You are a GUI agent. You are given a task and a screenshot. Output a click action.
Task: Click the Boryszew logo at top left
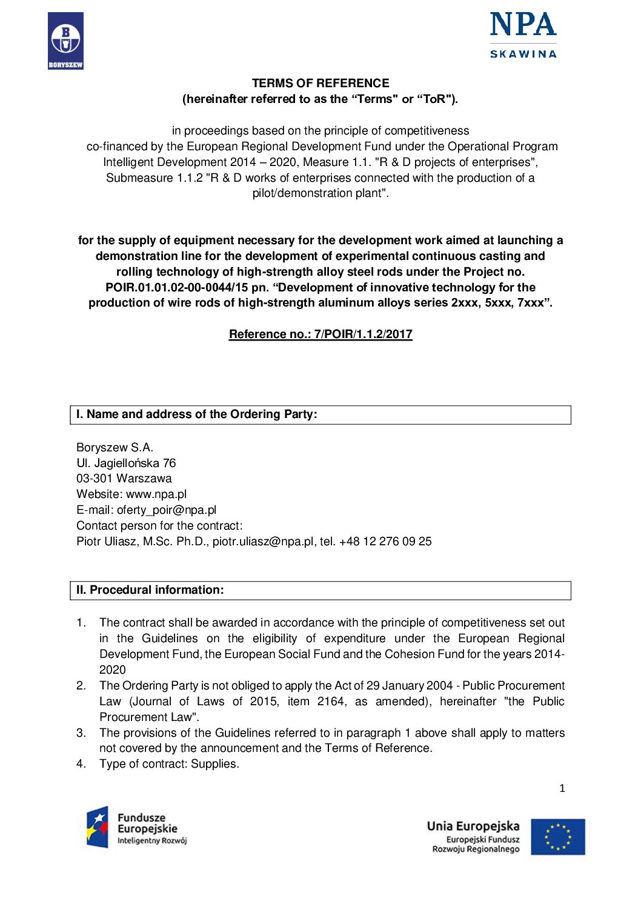tap(65, 41)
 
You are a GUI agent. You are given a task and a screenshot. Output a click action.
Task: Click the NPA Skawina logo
tap(523, 35)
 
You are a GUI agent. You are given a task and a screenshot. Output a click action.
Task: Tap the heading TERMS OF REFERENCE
tap(320, 84)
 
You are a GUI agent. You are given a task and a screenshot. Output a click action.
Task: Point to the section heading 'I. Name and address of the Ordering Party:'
tap(196, 414)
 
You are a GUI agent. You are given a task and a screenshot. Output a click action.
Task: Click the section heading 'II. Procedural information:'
tap(150, 590)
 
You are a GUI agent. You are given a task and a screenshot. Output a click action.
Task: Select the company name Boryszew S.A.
tap(115, 448)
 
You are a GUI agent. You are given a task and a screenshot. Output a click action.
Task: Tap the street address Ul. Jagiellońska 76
tap(126, 463)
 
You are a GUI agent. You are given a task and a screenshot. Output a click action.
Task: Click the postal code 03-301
tap(94, 479)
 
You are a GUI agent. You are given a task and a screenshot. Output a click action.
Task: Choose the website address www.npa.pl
tap(156, 494)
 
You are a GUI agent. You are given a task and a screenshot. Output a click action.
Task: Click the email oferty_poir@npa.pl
tap(167, 510)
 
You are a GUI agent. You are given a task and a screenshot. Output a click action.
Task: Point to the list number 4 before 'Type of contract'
tap(81, 764)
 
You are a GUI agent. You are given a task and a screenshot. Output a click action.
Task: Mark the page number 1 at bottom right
tap(562, 788)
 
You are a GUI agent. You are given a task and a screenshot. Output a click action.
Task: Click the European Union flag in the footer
tap(558, 837)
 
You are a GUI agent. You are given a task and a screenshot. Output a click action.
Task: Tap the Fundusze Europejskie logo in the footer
tap(137, 828)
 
